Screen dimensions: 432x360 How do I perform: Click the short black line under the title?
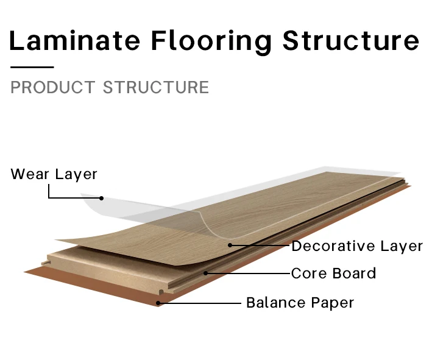[32, 67]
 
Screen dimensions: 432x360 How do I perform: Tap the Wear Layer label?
[54, 174]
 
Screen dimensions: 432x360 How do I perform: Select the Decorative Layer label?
[357, 246]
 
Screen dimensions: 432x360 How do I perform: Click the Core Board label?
[333, 274]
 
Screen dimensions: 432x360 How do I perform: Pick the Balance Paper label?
[300, 303]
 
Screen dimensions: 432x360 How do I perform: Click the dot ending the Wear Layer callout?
[102, 198]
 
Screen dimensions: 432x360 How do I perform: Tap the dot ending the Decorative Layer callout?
[230, 245]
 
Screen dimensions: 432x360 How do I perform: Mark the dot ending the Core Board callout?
[206, 273]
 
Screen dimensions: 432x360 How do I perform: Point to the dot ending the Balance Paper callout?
[158, 303]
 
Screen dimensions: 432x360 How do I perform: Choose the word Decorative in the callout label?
[333, 246]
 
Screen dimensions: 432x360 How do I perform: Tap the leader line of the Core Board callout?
[247, 274]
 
